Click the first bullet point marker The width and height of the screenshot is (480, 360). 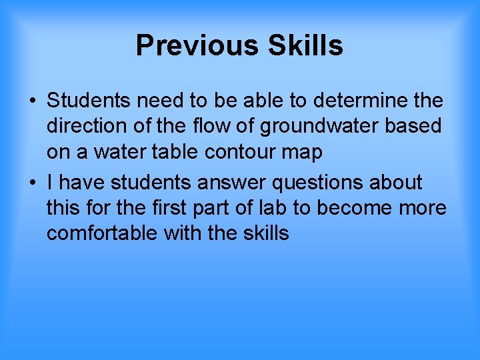32,101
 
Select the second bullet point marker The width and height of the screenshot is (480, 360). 32,183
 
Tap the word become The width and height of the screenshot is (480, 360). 353,208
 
